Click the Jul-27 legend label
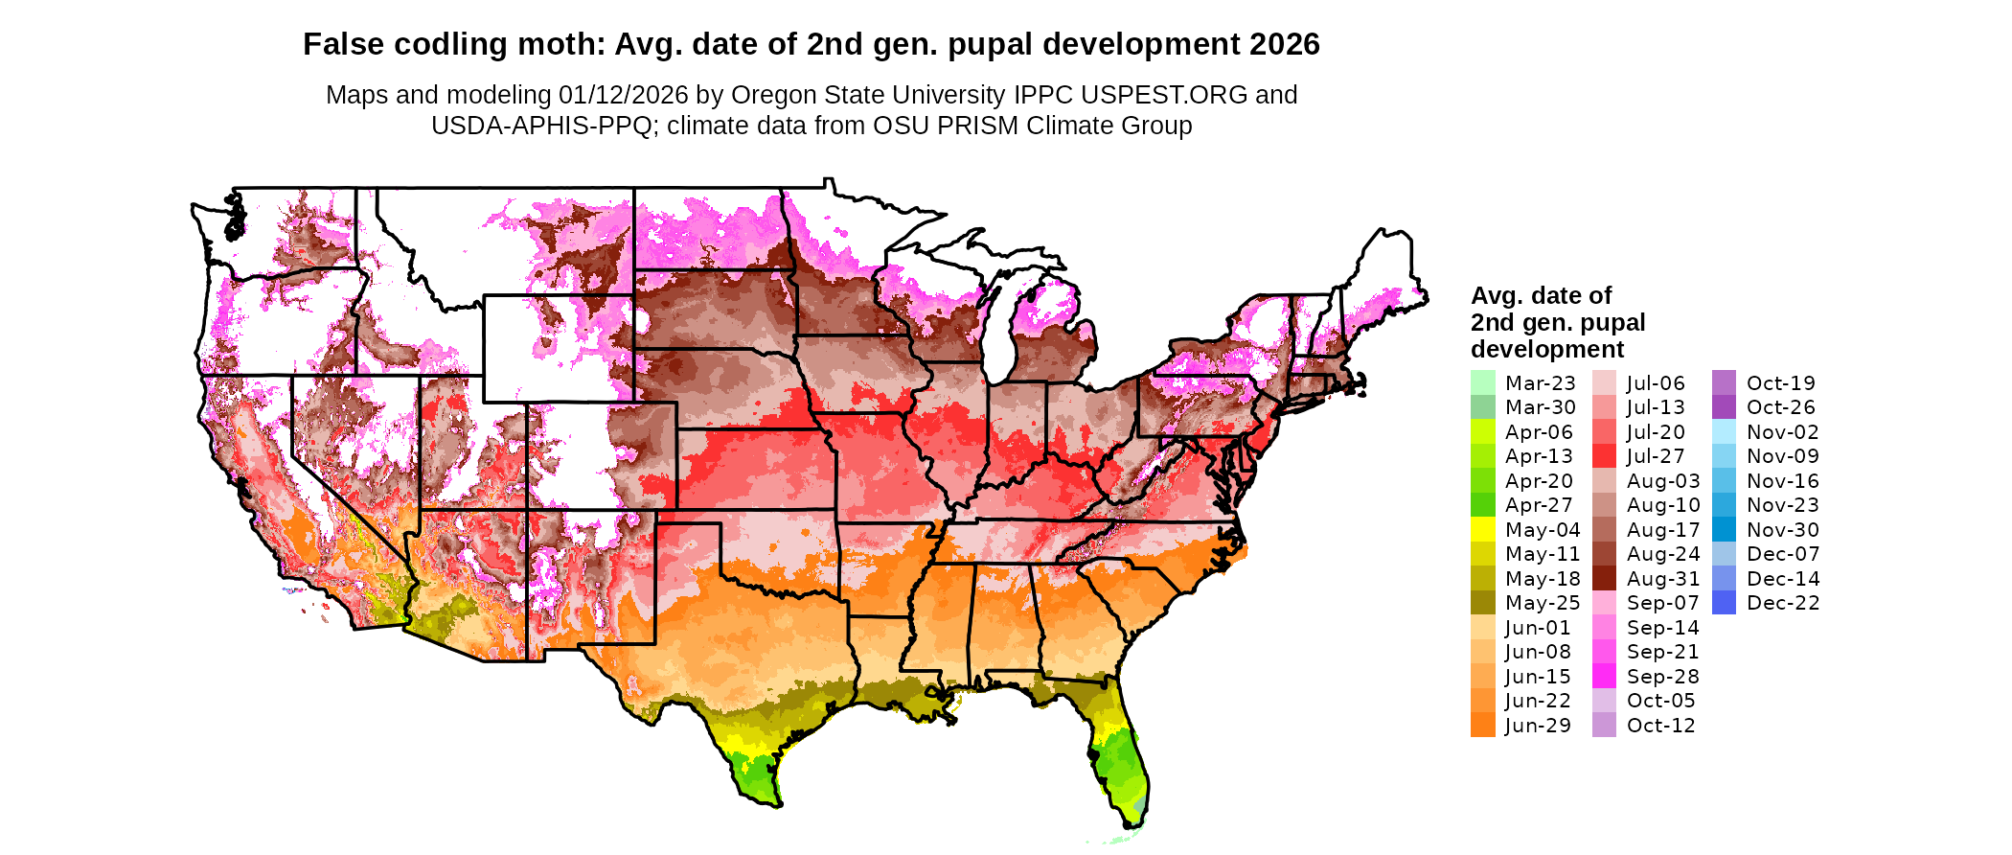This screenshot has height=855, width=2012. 1656,456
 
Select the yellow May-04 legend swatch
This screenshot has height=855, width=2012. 1482,529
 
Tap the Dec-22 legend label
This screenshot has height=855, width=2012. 1782,603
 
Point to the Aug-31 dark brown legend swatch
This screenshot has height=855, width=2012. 1604,578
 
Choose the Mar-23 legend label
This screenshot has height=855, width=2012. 1540,383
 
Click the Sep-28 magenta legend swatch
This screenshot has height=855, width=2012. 1604,676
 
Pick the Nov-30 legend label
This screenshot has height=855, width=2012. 1782,530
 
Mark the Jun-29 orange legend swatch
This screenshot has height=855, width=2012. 1482,725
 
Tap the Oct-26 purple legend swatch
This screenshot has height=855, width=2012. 1724,407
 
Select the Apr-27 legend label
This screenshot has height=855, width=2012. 1539,505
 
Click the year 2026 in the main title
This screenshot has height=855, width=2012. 1285,44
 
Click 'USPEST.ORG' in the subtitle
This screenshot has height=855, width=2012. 1164,95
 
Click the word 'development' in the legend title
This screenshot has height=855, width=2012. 1547,349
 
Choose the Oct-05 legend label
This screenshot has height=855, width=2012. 1660,701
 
